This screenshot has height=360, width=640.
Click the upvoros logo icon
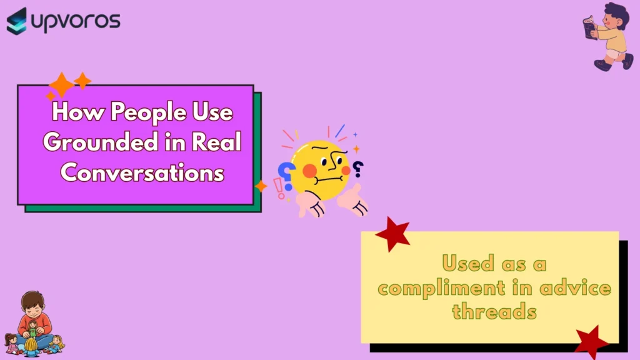17,21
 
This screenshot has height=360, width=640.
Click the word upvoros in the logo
76,21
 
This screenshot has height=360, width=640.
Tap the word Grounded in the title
101,142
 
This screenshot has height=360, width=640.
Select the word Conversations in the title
142,173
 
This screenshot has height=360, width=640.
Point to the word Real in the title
216,142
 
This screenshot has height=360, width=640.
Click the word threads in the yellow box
494,311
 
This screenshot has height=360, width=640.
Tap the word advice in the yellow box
575,287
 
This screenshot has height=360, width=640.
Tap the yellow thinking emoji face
320,170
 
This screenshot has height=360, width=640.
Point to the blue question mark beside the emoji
286,176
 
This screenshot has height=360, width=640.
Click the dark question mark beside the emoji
358,169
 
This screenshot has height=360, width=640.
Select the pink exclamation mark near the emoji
279,189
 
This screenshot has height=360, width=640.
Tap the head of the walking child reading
617,16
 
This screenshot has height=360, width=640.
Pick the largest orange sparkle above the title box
62,85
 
